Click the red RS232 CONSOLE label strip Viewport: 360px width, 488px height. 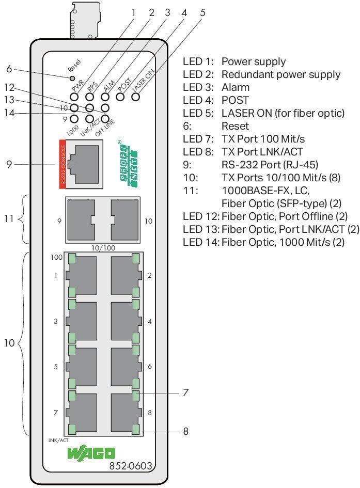point(63,162)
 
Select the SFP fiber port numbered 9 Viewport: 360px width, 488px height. point(80,221)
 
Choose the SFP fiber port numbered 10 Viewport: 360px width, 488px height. point(124,221)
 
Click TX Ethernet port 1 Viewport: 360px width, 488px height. point(81,275)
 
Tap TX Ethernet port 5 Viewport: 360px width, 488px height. point(81,366)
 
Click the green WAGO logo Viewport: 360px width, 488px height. point(91,453)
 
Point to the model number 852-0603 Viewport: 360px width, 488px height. point(131,466)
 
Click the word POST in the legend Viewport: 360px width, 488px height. point(235,100)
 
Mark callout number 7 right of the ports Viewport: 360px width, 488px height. point(185,392)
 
